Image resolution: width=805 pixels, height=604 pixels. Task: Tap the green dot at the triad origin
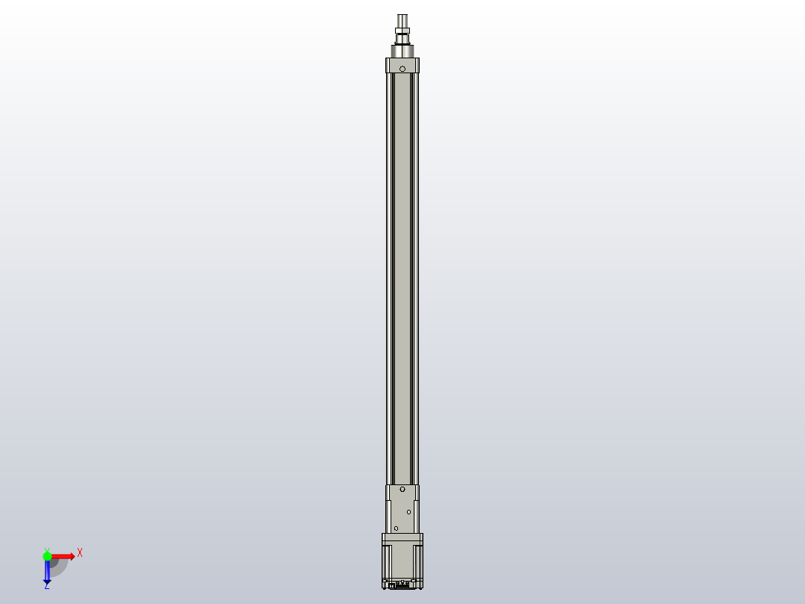[47, 556]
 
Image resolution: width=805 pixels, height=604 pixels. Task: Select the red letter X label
[80, 553]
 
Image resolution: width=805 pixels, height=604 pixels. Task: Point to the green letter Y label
[47, 550]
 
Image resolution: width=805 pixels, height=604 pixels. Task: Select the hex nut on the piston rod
[402, 31]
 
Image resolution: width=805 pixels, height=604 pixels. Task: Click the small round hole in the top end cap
[402, 69]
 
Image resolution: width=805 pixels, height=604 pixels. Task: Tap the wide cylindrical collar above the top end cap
[402, 52]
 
